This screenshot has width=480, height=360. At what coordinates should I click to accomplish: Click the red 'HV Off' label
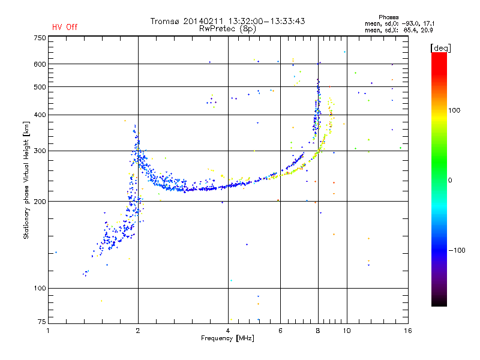coord(65,27)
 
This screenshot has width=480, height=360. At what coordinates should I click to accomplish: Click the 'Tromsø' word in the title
coord(164,21)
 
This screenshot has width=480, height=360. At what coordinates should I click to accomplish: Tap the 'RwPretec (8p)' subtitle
coord(227,29)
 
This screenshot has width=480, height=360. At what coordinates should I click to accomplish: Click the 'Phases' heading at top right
coord(388,17)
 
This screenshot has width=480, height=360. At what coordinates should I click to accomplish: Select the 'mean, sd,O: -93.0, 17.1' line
coord(400,23)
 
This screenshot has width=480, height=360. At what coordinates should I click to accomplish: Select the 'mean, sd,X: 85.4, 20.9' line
coord(399,30)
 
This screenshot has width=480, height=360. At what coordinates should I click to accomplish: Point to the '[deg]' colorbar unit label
coord(440,48)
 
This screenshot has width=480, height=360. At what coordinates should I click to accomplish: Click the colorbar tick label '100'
coord(454,110)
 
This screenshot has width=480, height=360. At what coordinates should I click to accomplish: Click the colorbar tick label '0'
coord(450,181)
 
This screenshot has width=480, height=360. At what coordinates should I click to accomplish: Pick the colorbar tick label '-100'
coord(457,250)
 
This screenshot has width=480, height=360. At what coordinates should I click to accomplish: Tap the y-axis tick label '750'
coord(40,38)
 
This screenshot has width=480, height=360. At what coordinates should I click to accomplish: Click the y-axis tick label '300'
coord(40,151)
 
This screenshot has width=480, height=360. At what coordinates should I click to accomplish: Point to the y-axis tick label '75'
coord(42,322)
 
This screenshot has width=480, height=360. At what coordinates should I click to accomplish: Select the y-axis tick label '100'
coord(40,289)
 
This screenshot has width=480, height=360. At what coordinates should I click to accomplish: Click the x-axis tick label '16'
coord(408,331)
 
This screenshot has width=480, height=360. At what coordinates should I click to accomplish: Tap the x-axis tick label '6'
coord(280,331)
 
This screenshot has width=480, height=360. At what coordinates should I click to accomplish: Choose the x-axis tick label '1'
coord(49,331)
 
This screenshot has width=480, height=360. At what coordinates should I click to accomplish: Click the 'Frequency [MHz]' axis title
coord(227,338)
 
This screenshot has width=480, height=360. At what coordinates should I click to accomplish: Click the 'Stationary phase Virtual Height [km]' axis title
coord(26,180)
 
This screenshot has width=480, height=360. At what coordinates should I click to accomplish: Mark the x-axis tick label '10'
coord(347,331)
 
